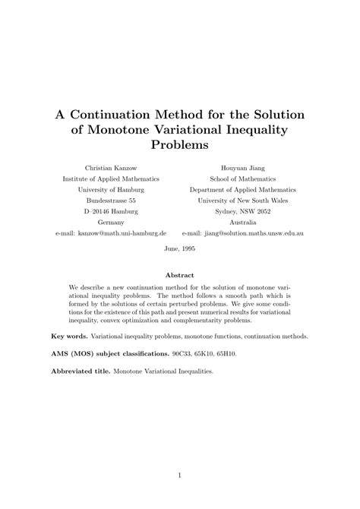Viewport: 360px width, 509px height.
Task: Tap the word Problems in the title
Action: [x=180, y=144]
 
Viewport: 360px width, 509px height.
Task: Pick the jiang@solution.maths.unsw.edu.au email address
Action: [x=254, y=235]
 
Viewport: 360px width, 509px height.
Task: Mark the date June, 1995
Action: [x=180, y=250]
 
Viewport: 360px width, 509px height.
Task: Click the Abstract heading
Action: [x=180, y=275]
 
